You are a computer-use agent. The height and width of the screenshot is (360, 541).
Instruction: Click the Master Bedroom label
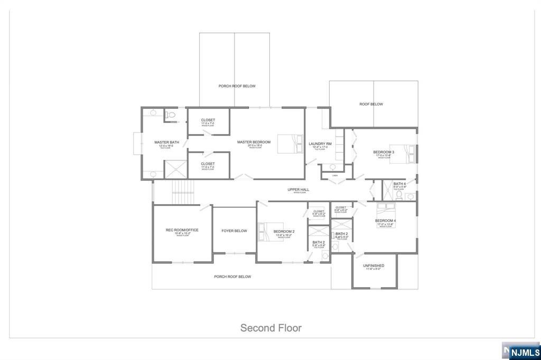click(x=254, y=142)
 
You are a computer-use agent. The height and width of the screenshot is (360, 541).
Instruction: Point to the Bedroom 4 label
click(x=386, y=221)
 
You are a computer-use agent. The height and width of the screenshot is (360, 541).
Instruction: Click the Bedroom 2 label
click(x=284, y=232)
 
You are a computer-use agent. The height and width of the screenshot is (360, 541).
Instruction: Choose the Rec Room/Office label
click(x=181, y=230)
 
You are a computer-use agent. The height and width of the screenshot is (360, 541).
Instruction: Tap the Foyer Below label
click(x=234, y=231)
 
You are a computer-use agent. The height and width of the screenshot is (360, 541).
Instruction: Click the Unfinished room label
click(x=374, y=266)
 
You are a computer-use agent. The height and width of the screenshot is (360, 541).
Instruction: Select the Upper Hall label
click(x=297, y=190)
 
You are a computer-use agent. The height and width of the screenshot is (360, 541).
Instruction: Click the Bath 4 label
click(x=399, y=184)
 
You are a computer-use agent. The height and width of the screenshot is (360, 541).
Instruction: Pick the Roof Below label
click(x=371, y=105)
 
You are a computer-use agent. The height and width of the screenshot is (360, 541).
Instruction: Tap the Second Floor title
click(x=271, y=328)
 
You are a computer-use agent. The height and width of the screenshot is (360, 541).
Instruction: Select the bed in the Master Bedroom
click(x=288, y=144)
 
